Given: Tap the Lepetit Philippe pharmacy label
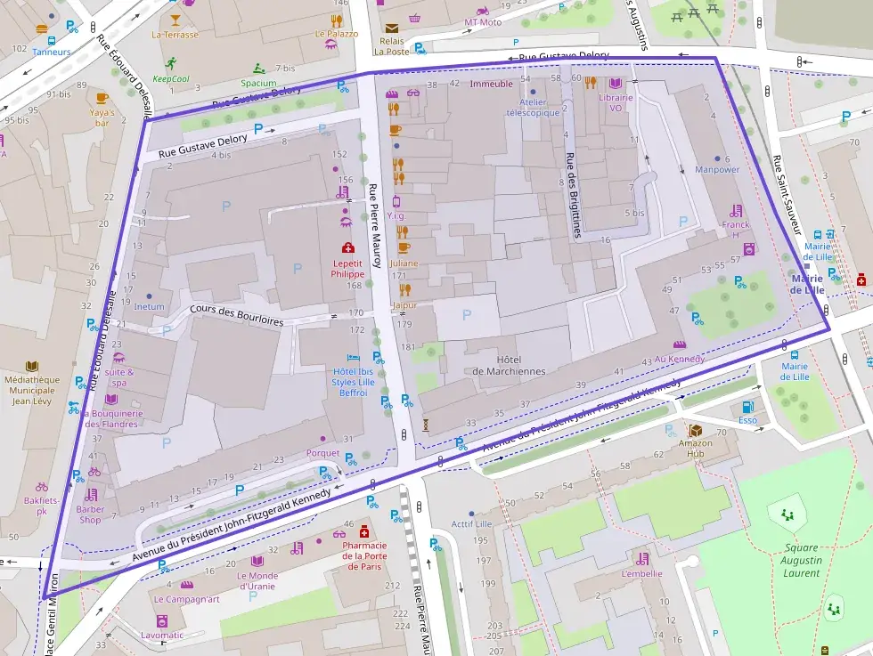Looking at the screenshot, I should [347, 268].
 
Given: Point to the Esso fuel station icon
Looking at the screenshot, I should [747, 407].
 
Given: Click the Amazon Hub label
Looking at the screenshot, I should [696, 448].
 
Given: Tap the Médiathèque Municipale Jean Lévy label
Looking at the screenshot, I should [32, 389].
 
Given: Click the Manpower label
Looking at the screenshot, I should [717, 169].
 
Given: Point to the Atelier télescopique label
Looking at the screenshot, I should [533, 107].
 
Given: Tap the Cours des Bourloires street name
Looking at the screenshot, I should [237, 315].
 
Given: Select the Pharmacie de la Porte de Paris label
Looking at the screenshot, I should [363, 555].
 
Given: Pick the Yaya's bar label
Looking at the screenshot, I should [102, 117].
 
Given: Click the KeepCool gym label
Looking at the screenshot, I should [171, 78].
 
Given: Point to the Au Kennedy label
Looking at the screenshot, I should [679, 359].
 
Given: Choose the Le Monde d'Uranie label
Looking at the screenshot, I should [257, 580].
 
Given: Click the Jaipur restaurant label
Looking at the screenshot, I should [404, 305].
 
